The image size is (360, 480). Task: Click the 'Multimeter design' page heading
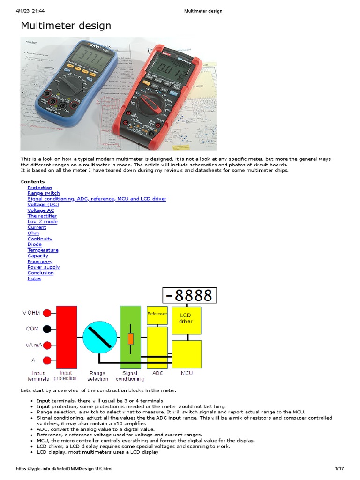pyautogui.click(x=66, y=25)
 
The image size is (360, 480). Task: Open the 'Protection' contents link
pyautogui.click(x=40, y=187)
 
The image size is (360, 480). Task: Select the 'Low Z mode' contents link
pyautogui.click(x=42, y=222)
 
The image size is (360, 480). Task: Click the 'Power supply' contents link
pyautogui.click(x=44, y=267)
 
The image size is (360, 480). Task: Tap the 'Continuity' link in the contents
pyautogui.click(x=40, y=239)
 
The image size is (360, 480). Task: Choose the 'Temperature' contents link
pyautogui.click(x=43, y=250)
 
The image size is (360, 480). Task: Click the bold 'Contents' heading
pyautogui.click(x=33, y=182)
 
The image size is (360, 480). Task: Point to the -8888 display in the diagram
pyautogui.click(x=189, y=296)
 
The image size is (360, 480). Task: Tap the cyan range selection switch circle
pyautogui.click(x=100, y=337)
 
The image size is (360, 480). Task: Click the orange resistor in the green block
pyautogui.click(x=131, y=339)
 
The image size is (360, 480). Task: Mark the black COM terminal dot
pyautogui.click(x=47, y=329)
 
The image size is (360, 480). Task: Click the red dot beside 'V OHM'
pyautogui.click(x=47, y=313)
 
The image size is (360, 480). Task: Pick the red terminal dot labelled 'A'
pyautogui.click(x=47, y=360)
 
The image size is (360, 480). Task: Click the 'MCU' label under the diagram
pyautogui.click(x=187, y=373)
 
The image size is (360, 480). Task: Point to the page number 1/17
pyautogui.click(x=339, y=469)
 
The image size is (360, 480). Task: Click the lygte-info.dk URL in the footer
pyautogui.click(x=64, y=469)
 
